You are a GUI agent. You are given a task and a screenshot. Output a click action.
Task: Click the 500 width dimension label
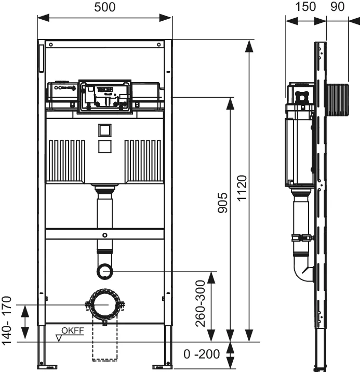[x=104, y=7]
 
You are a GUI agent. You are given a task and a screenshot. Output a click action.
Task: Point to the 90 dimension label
[x=338, y=7]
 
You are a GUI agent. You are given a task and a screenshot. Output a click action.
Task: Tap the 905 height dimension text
[x=222, y=204]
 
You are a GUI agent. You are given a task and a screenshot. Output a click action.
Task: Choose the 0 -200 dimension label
[x=202, y=354]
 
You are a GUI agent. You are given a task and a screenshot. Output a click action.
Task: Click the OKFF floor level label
[x=73, y=331]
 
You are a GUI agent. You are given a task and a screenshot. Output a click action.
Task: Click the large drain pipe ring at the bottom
[x=105, y=305]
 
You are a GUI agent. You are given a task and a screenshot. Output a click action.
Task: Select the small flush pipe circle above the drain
[x=105, y=271]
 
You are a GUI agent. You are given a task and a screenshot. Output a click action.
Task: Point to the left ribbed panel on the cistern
[x=66, y=160]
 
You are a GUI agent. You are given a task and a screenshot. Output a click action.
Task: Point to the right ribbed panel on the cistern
[x=143, y=160]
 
